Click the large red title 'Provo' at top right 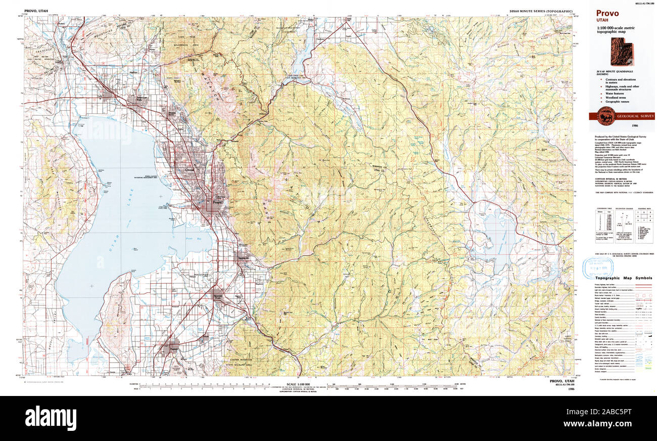point(607,14)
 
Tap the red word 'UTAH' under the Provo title point(602,21)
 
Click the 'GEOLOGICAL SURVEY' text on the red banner point(635,116)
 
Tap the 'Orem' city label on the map point(190,170)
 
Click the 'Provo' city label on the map point(217,202)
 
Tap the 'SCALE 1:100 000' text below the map point(298,384)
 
